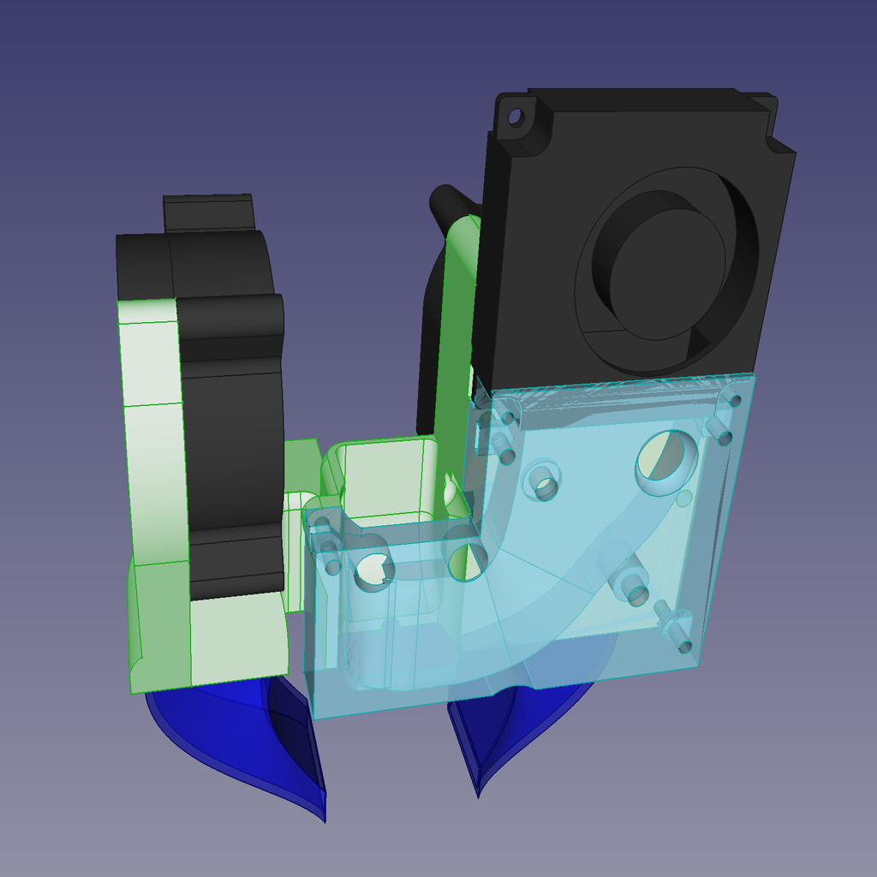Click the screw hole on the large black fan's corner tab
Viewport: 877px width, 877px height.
(516, 116)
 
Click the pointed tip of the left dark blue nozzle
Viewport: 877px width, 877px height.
(325, 820)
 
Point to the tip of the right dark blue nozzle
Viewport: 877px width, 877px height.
(477, 795)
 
